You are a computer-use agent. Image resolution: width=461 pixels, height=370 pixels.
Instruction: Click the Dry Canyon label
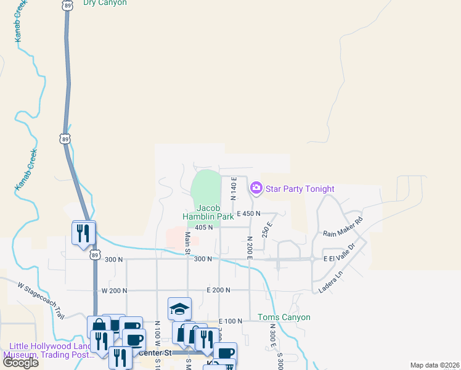[105, 3]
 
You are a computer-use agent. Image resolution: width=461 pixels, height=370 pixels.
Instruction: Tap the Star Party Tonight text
[301, 189]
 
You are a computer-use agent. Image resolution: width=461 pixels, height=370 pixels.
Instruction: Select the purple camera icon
[256, 187]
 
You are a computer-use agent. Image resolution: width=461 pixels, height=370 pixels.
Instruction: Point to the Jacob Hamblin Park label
[208, 212]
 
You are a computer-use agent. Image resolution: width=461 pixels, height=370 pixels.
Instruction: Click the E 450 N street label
[248, 213]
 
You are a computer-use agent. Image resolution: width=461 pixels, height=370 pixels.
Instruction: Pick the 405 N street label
[203, 227]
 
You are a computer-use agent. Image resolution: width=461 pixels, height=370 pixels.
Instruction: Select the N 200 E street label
[250, 247]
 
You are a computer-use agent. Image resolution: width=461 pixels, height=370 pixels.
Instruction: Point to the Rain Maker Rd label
[343, 227]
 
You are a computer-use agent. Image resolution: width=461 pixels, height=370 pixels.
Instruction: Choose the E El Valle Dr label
[340, 259]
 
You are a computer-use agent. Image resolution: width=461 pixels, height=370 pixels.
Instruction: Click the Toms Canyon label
[284, 317]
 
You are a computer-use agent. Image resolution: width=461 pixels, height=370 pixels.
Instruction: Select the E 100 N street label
[232, 321]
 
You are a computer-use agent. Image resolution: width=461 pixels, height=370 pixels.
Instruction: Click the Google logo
[20, 363]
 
